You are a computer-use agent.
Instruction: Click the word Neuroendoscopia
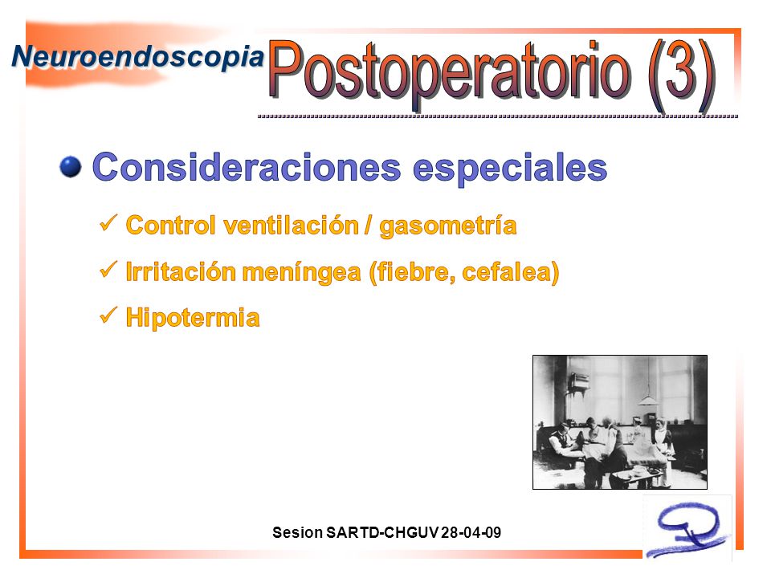pos(137,58)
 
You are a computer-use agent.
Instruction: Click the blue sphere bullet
pos(71,167)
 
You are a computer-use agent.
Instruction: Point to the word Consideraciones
pos(247,167)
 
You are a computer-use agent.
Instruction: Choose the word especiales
pos(510,169)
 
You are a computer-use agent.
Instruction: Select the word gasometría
pos(448,226)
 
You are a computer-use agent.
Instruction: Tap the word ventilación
pos(291,225)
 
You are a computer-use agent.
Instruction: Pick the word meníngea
pos(301,272)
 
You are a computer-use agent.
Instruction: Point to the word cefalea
pos(507,272)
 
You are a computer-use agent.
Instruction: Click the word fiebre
pos(415,272)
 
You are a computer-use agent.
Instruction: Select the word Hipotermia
pos(193,318)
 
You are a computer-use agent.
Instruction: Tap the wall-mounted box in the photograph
pos(579,381)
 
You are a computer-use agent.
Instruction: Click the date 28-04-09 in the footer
pos(471,532)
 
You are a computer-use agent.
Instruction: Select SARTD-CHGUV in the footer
pos(382,532)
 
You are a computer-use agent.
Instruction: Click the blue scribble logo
pos(688,530)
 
